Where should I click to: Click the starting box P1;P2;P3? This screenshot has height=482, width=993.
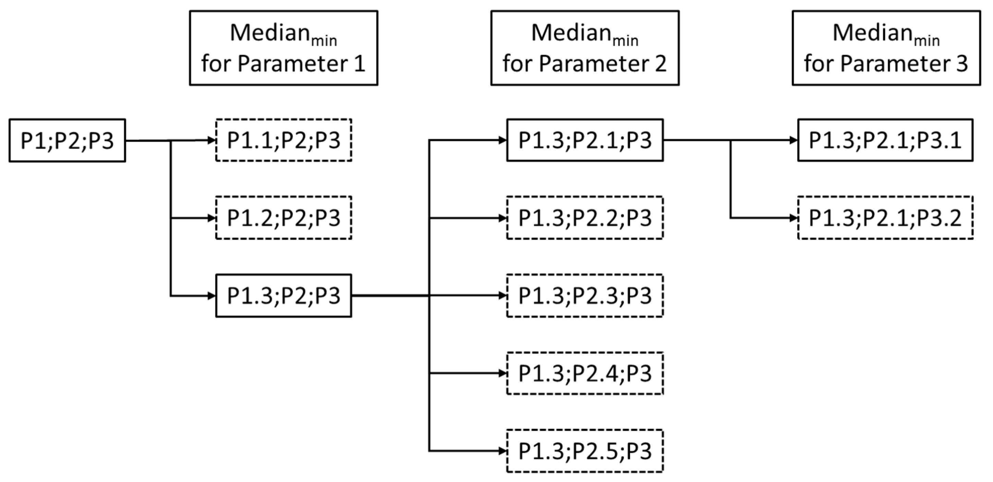pos(67,140)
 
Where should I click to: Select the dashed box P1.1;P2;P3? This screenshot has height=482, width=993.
pos(283,140)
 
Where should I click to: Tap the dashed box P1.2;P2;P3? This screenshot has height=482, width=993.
pos(283,218)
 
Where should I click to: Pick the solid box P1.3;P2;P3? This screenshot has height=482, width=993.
pos(283,296)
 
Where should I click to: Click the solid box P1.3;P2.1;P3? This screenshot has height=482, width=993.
pos(585,140)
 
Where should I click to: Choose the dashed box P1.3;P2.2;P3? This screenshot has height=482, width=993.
pos(585,218)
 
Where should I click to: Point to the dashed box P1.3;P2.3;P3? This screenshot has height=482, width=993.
pos(585,296)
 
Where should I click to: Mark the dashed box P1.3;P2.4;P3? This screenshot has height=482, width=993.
pos(585,373)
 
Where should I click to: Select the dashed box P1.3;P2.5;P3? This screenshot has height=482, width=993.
pos(585,451)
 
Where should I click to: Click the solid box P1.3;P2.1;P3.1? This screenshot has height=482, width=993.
pos(885,140)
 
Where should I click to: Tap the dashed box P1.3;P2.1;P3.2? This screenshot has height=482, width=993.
pos(885,218)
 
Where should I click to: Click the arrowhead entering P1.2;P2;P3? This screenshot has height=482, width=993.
pos(211,218)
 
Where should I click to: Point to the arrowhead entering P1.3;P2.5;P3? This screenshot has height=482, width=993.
pos(502,451)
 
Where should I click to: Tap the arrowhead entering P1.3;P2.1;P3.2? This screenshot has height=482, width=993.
pos(794,218)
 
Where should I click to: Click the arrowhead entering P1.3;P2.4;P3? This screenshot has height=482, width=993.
pos(502,373)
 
